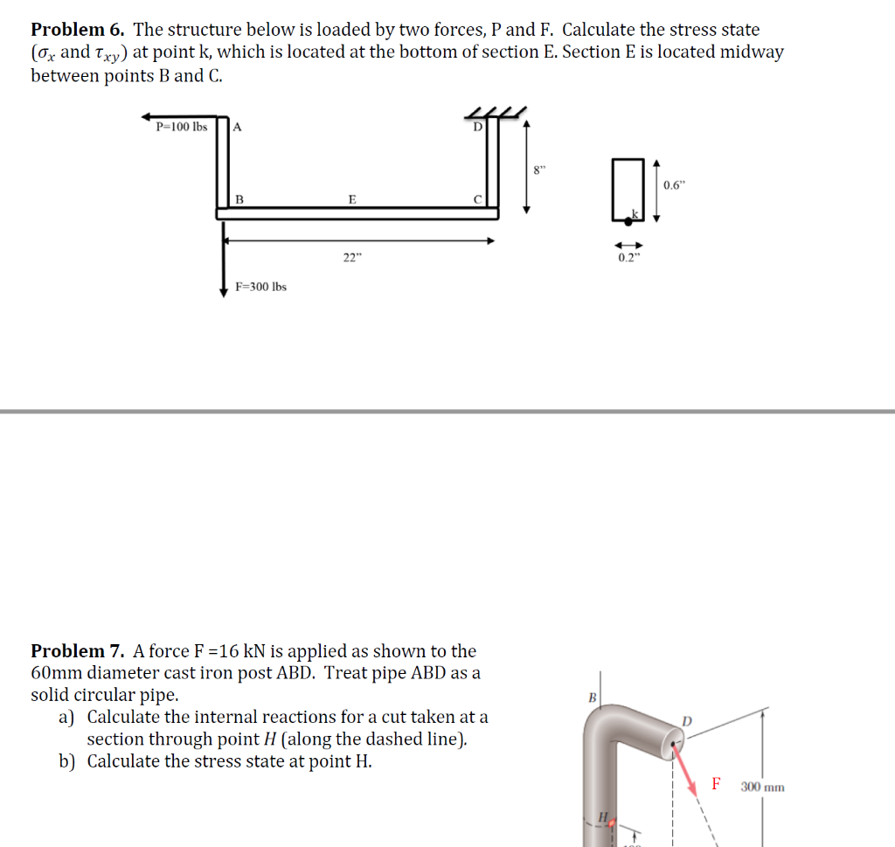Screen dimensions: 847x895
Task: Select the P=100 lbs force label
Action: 181,126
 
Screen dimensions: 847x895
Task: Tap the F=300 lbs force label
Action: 260,287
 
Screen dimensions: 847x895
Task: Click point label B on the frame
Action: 239,199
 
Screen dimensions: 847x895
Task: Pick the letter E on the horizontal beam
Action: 352,199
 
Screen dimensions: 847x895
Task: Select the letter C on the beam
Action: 477,199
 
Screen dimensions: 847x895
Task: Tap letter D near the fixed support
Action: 477,127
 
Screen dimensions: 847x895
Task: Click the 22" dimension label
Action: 350,258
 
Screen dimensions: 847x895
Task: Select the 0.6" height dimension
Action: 674,185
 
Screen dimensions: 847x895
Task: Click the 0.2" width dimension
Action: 628,258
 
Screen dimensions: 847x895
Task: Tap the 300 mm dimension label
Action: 762,787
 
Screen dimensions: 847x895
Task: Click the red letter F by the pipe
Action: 716,783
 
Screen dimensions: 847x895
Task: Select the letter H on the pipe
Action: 601,817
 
